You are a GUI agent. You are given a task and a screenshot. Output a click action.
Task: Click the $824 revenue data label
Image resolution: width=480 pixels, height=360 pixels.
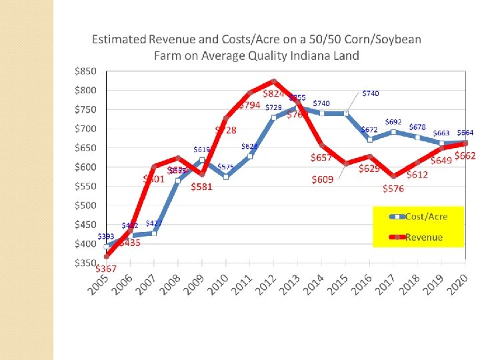[274, 93]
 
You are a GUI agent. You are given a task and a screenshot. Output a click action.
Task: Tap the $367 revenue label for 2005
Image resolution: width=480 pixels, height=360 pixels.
[106, 269]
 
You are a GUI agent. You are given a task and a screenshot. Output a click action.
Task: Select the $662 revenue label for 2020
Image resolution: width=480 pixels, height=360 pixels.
[465, 155]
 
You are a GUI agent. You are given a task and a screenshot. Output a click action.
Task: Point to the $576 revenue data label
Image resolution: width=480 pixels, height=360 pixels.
[393, 189]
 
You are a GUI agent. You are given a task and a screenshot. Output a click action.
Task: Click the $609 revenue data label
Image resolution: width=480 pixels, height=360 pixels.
[323, 179]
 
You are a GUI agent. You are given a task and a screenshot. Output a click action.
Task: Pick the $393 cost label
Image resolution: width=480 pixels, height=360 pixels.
[105, 236]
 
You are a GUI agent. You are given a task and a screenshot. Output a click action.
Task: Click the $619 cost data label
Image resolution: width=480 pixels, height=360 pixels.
[202, 149]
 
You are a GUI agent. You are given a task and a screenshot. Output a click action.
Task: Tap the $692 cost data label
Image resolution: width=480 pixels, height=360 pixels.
[393, 122]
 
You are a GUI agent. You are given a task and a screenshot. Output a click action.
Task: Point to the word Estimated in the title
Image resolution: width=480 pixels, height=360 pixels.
[117, 39]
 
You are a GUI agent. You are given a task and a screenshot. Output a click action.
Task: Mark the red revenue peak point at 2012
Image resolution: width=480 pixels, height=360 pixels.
[274, 81]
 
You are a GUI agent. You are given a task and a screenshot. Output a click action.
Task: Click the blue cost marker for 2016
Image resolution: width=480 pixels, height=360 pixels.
[370, 140]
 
